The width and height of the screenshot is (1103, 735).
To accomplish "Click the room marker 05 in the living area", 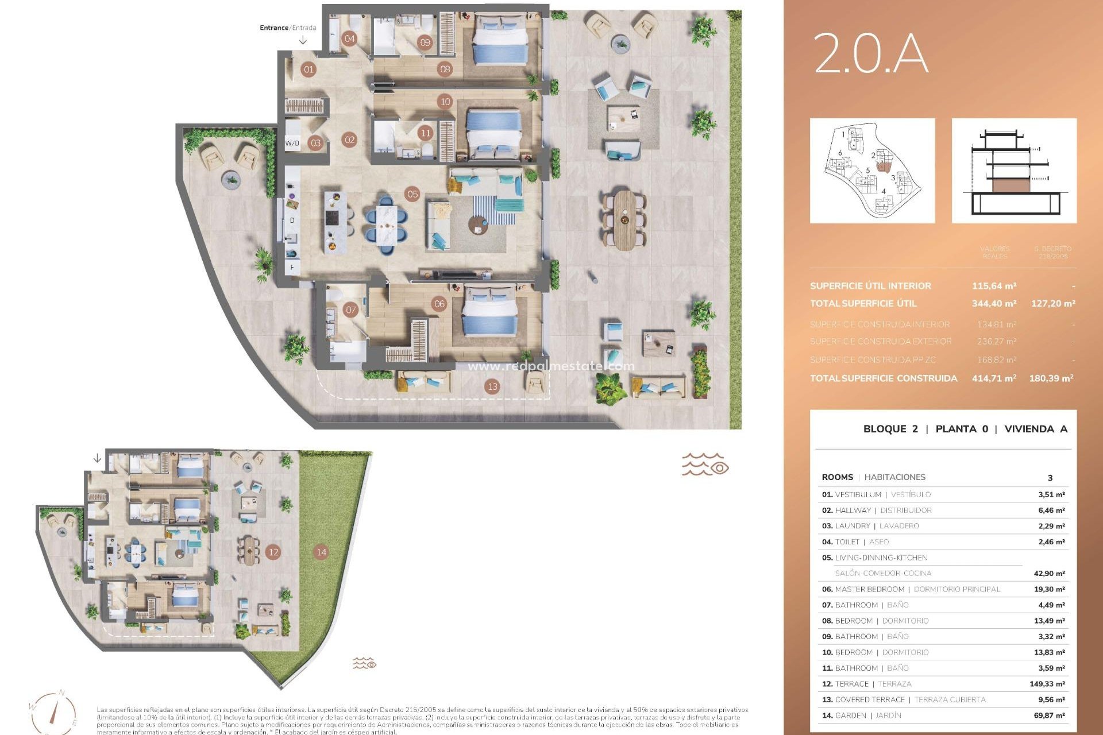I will (x=412, y=194).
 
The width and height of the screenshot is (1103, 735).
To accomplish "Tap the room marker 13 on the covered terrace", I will (x=492, y=386).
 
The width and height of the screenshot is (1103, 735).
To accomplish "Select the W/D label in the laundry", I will (x=292, y=143).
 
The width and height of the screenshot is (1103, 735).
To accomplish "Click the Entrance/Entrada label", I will (x=288, y=28).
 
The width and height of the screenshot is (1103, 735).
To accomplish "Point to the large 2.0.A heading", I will (x=871, y=53).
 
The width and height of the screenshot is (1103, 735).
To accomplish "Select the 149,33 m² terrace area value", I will (x=1047, y=684).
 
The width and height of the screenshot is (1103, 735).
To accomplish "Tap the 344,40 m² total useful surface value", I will (x=994, y=303).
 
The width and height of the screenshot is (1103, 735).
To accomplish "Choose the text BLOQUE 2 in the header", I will (x=890, y=429).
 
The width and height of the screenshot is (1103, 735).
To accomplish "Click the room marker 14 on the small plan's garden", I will (x=321, y=552).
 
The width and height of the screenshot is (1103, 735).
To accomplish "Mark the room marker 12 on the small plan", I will (x=273, y=552).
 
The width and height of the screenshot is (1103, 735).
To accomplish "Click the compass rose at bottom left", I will (x=54, y=712).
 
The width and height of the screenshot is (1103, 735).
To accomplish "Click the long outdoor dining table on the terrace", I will (x=625, y=220).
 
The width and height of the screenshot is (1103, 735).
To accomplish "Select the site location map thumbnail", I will (x=872, y=171).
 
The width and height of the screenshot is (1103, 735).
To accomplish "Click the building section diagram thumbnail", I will (x=1014, y=171).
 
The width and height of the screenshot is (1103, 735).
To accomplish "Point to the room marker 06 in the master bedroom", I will (x=439, y=304).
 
